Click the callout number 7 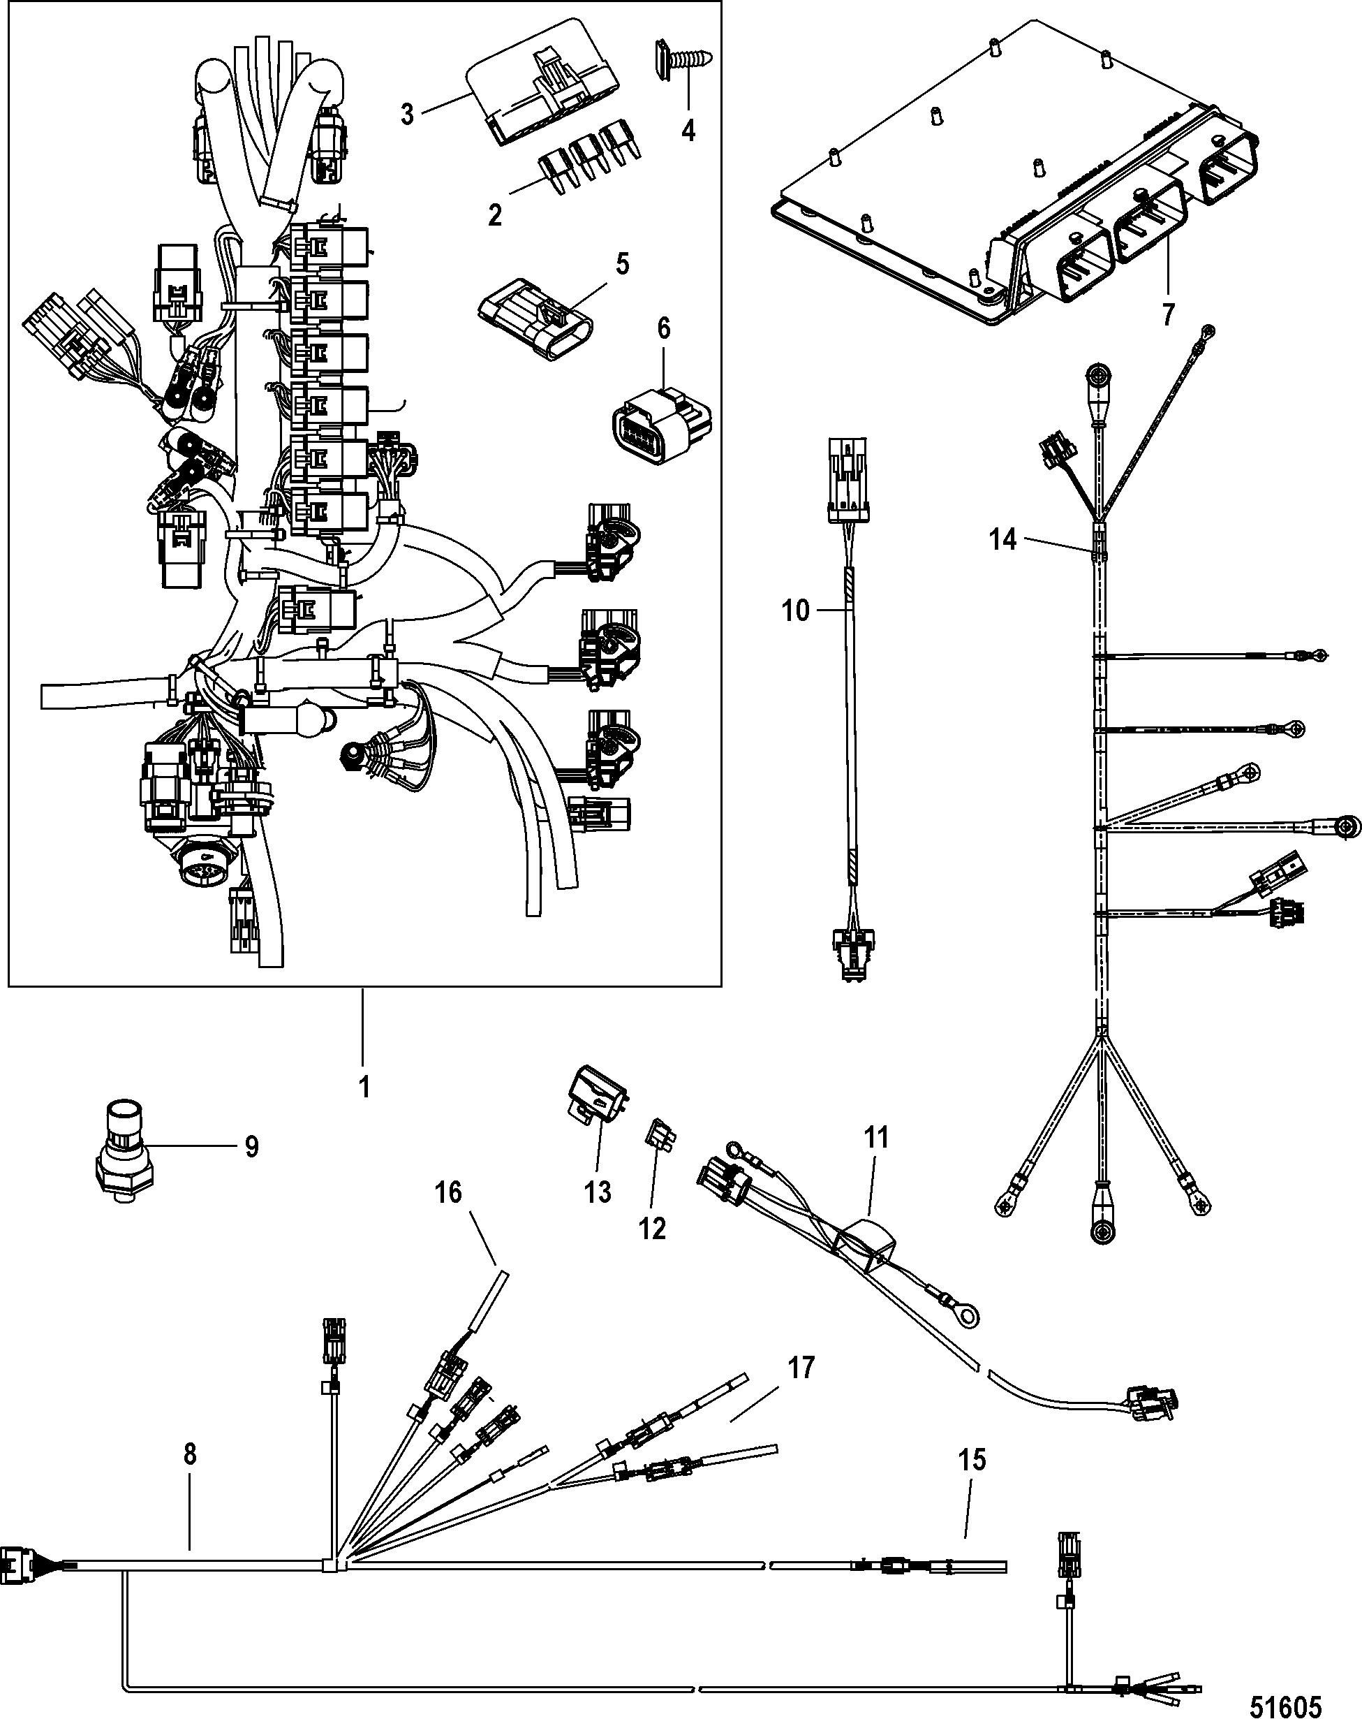(1169, 314)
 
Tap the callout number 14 (1003, 540)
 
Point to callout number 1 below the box (364, 1087)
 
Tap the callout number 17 (801, 1368)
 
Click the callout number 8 (190, 1454)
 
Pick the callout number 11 (876, 1138)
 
